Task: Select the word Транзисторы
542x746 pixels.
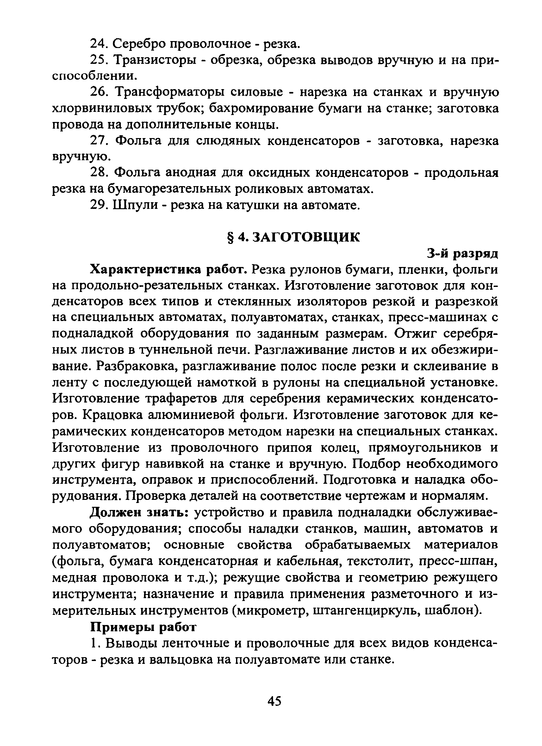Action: [155, 60]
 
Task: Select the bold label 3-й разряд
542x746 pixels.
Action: [462, 254]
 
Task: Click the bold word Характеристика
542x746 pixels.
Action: [146, 270]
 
